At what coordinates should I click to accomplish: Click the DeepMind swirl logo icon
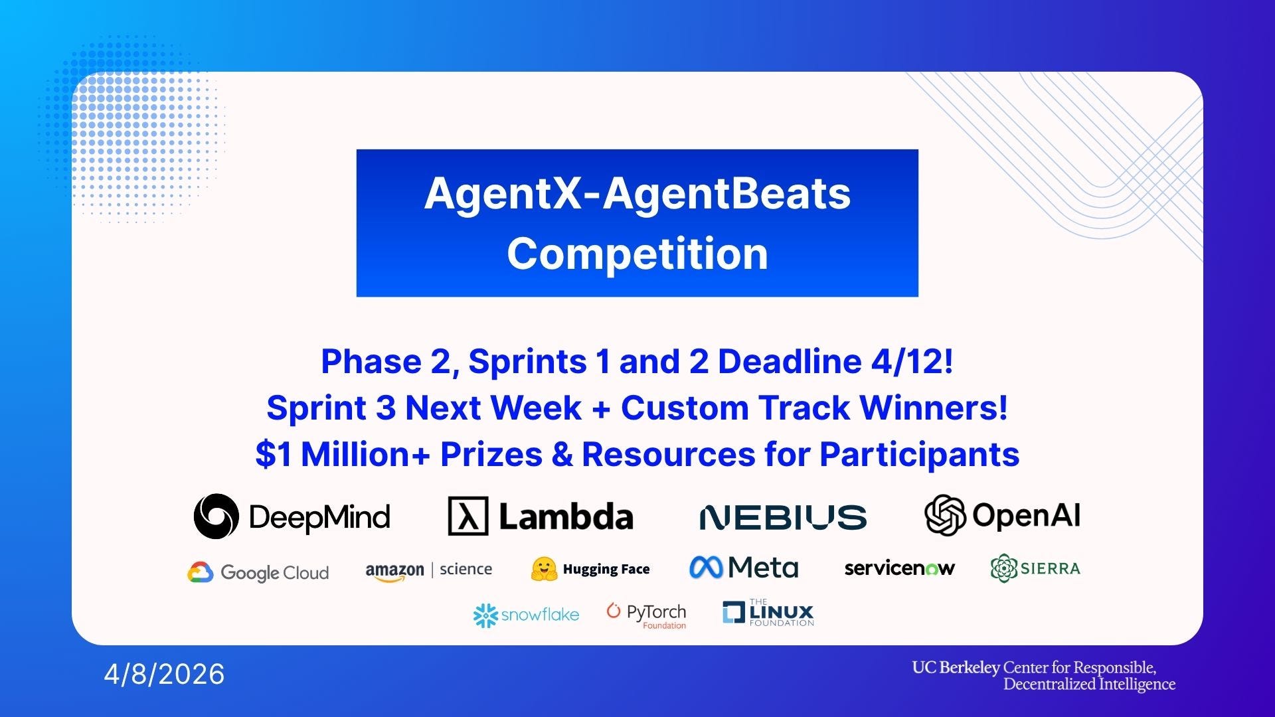point(216,516)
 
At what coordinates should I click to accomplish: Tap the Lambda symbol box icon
point(468,516)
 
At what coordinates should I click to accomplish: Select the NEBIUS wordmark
point(783,517)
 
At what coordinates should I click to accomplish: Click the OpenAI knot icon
point(944,515)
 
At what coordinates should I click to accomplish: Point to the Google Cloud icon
point(200,572)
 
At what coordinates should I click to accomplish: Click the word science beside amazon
point(466,569)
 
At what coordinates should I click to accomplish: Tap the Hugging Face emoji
point(544,569)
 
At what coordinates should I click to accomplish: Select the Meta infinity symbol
point(705,567)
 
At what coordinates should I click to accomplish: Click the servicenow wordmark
point(899,568)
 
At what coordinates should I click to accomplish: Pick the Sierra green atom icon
point(1003,568)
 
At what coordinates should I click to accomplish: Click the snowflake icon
point(485,615)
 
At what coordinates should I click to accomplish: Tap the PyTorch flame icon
point(613,611)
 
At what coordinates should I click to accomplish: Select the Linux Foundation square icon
point(733,612)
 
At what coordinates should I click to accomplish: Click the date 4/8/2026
point(164,674)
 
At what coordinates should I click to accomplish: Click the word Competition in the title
point(637,254)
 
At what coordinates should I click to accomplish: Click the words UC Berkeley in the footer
point(956,667)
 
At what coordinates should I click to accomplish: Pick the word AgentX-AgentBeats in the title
point(637,194)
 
